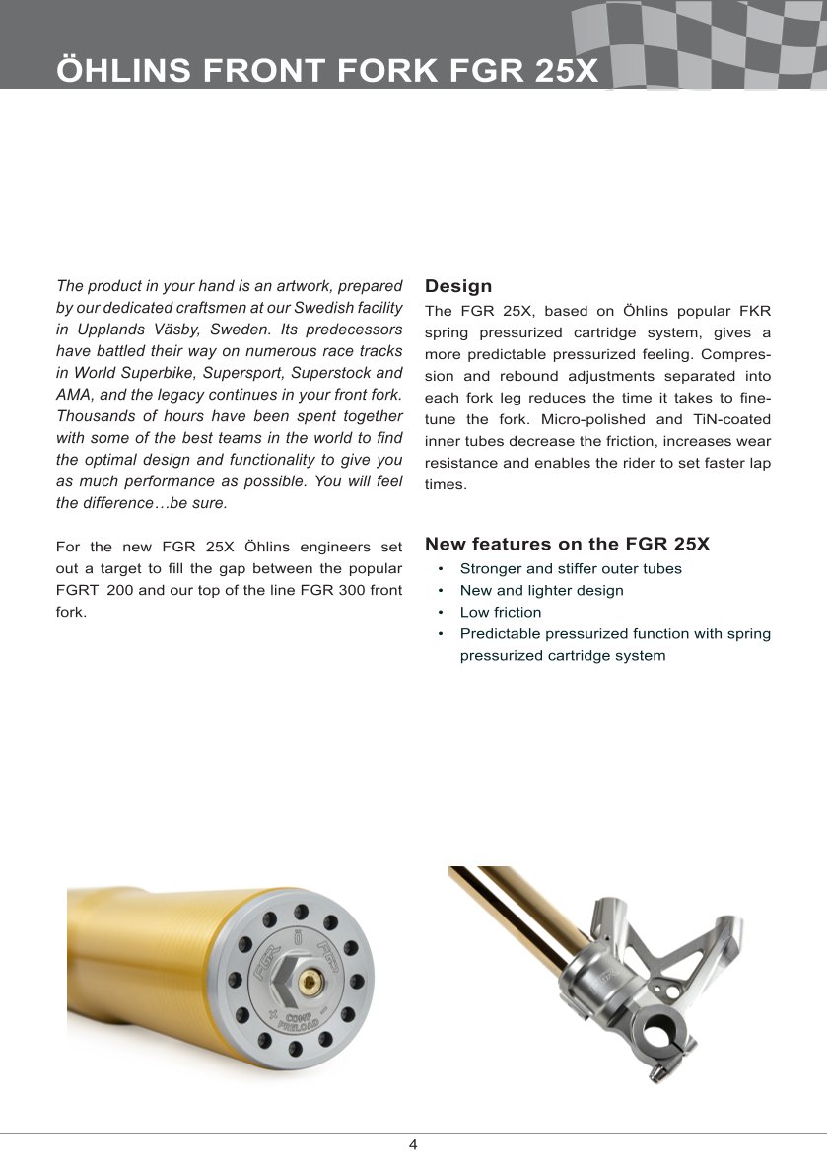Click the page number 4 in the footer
pyautogui.click(x=413, y=1145)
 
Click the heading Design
pyautogui.click(x=458, y=287)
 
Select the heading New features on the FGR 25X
pyautogui.click(x=567, y=545)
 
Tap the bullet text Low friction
pyautogui.click(x=501, y=613)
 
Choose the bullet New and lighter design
pyautogui.click(x=541, y=591)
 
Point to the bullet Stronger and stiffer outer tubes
pyautogui.click(x=571, y=569)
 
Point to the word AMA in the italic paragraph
pyautogui.click(x=74, y=395)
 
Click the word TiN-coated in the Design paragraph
pyautogui.click(x=733, y=420)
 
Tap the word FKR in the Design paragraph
pyautogui.click(x=752, y=312)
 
